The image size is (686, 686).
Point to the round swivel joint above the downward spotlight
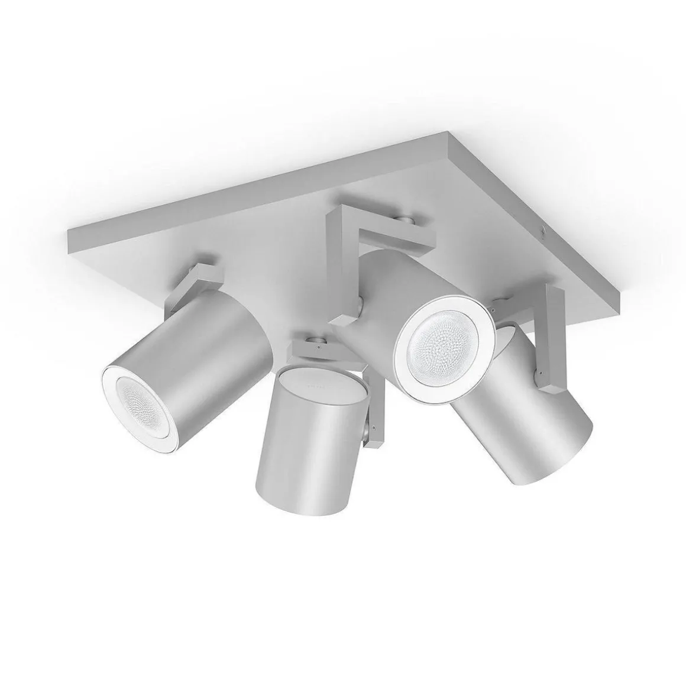click(x=319, y=341)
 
